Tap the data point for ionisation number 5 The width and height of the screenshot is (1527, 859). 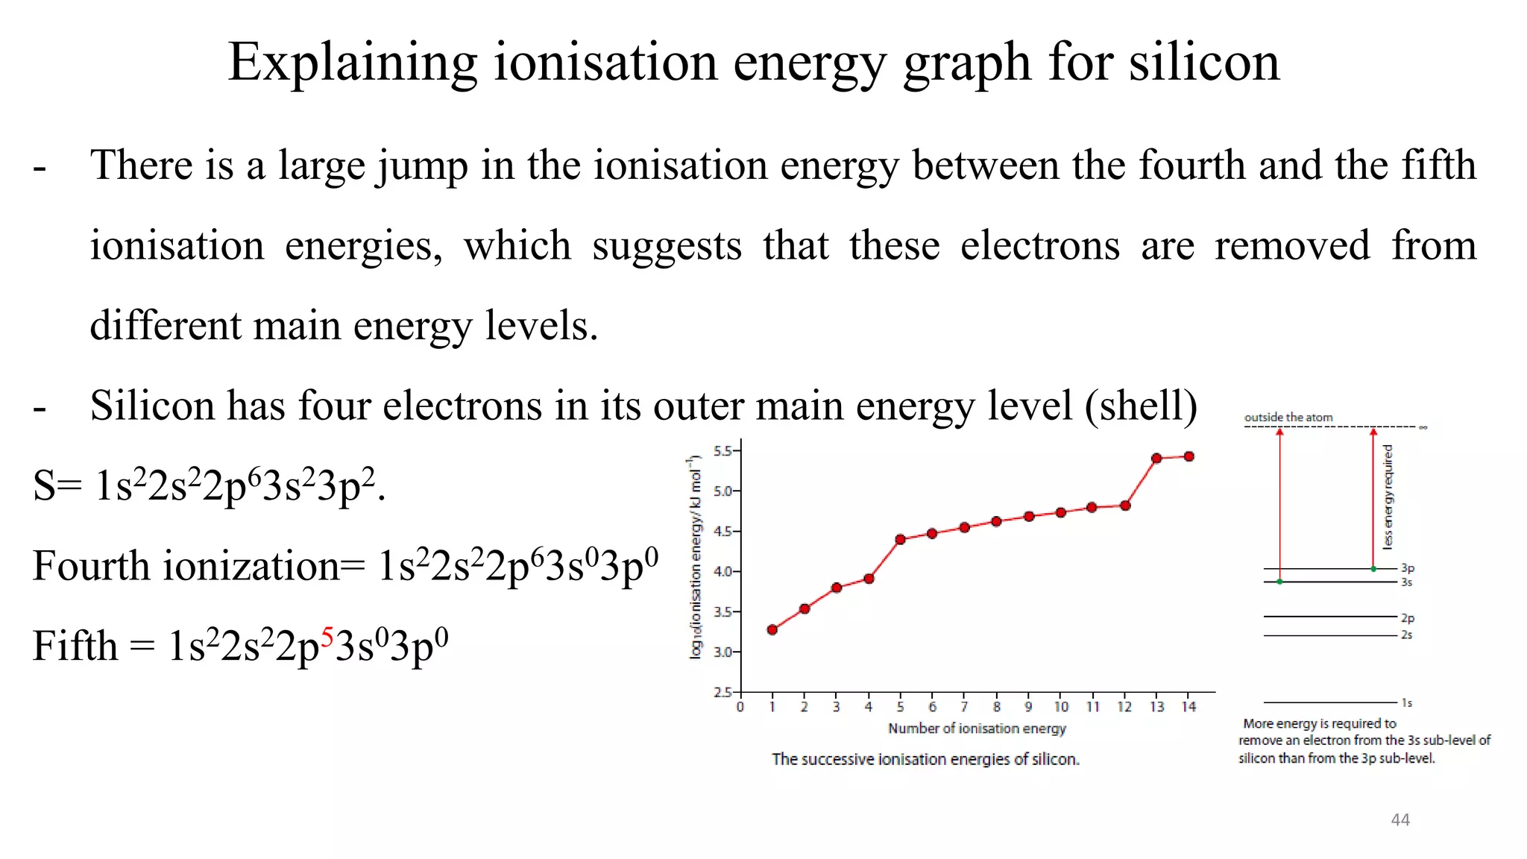click(900, 539)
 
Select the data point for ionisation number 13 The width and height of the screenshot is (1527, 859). click(1156, 459)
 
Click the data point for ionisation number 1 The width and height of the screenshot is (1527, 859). click(772, 630)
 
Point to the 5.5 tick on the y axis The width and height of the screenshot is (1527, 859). click(724, 450)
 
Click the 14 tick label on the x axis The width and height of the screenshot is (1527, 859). click(1188, 707)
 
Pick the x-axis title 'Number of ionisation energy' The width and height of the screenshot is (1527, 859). click(977, 729)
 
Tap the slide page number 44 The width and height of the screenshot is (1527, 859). click(1400, 820)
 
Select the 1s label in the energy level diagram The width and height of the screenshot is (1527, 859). click(1406, 703)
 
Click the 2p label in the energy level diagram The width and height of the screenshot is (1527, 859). click(1407, 618)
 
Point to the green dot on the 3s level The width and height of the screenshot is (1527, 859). click(1280, 582)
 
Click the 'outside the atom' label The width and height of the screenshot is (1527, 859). click(1288, 418)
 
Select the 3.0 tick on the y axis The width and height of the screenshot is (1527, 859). click(724, 652)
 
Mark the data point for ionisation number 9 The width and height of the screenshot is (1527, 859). click(1029, 517)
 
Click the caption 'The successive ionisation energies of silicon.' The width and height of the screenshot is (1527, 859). click(925, 759)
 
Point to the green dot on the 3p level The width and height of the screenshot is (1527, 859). click(1373, 569)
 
